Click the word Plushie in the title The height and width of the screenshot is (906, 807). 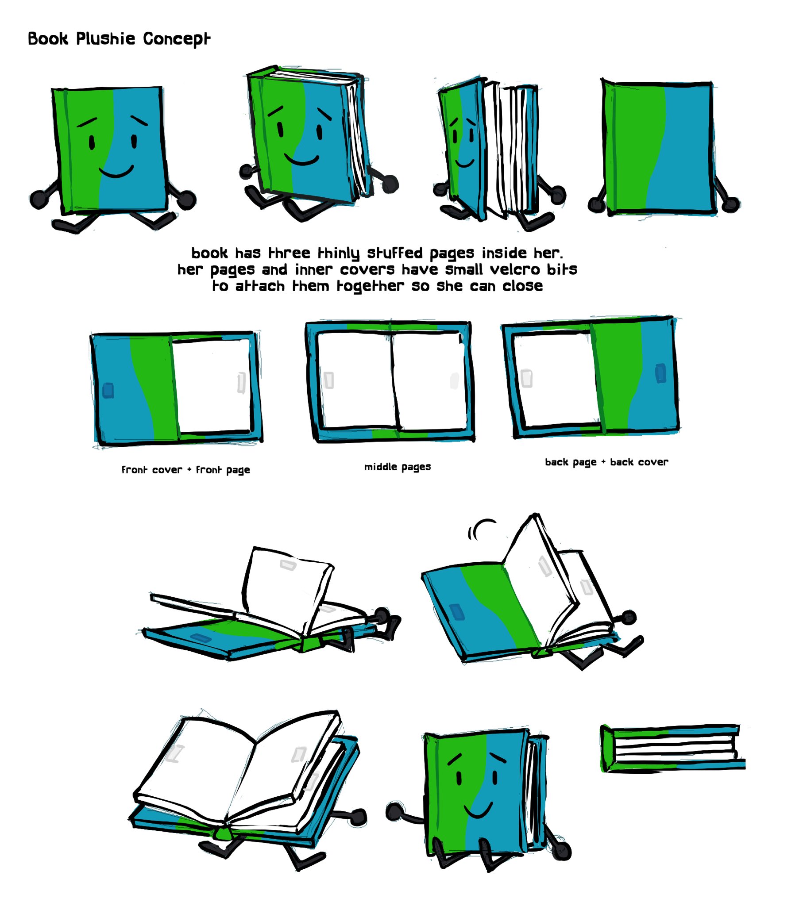tap(105, 39)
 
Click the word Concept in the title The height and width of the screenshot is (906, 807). tap(176, 39)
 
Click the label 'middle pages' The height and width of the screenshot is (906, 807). tap(397, 467)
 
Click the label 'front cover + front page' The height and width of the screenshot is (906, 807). tap(185, 469)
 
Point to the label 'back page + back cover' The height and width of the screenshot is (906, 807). tap(606, 462)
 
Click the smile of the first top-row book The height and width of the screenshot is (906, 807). tap(116, 172)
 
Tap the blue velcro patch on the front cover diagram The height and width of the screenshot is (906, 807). tap(108, 391)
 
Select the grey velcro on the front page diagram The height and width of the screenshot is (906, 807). tap(241, 383)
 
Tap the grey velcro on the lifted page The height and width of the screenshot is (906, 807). tap(287, 565)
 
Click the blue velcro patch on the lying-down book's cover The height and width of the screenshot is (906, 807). tap(201, 637)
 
